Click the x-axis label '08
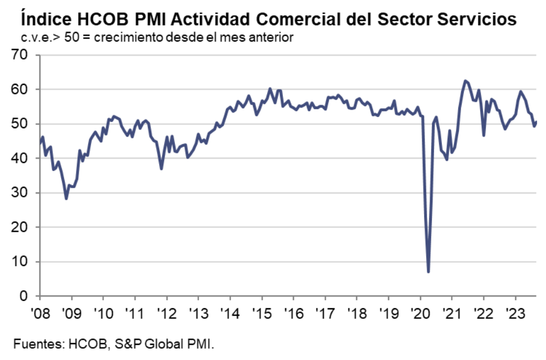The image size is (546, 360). point(39,311)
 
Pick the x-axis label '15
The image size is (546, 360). point(260,311)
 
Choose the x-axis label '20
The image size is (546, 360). point(419,311)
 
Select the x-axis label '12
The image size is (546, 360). point(165,311)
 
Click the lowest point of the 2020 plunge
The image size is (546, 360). point(428,272)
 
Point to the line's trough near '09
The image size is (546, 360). point(66,199)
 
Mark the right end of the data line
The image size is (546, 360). point(536,121)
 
